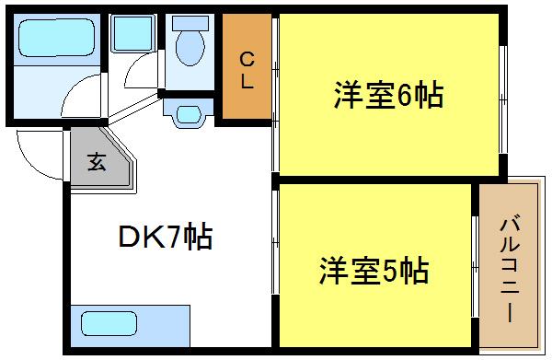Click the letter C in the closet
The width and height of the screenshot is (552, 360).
click(247, 60)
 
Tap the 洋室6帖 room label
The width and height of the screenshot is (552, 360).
click(388, 95)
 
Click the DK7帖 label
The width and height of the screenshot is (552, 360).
click(165, 239)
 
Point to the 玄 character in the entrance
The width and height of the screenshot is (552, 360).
click(96, 165)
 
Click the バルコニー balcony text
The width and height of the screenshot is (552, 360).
click(508, 268)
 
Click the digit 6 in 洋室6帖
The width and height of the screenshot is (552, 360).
click(406, 95)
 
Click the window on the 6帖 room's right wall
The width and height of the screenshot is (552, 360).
click(503, 96)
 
